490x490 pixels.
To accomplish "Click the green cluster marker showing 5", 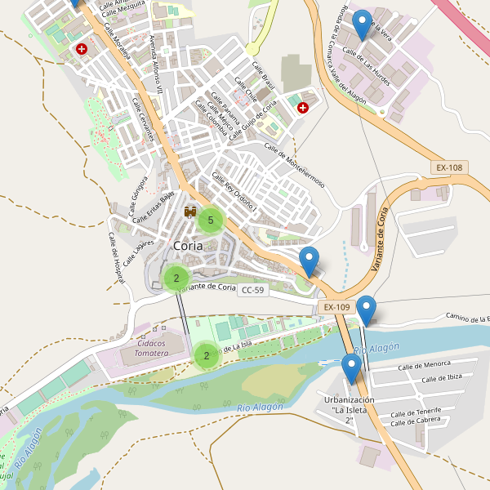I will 211,220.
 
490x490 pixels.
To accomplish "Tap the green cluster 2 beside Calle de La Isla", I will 207,355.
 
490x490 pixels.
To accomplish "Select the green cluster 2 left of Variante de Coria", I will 176,278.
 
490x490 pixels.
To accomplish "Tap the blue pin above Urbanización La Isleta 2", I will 352,369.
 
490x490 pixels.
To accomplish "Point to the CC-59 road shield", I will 254,290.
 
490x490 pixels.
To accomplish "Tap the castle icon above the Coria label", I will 191,212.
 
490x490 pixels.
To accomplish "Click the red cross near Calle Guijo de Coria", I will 303,107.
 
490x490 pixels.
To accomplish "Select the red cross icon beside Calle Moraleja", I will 82,49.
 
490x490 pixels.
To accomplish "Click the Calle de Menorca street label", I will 424,365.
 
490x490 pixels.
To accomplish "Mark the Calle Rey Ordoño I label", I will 234,194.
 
